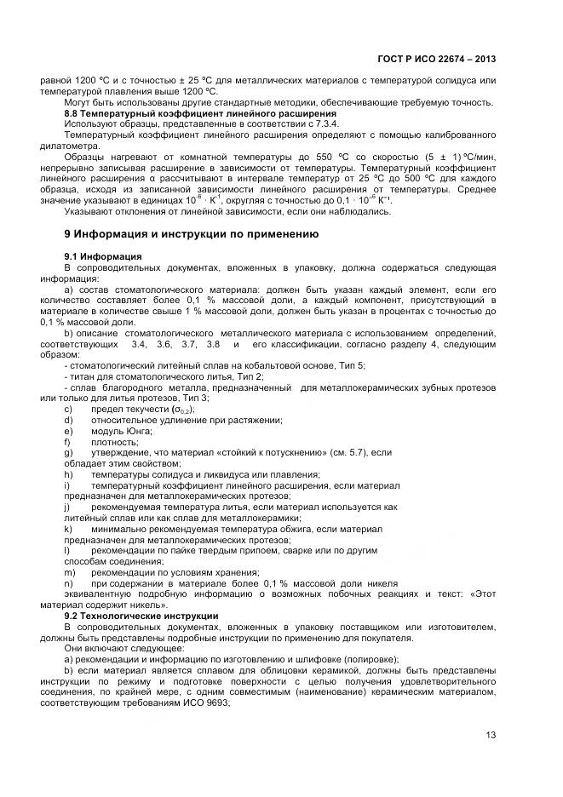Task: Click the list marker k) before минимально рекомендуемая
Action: (x=68, y=530)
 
